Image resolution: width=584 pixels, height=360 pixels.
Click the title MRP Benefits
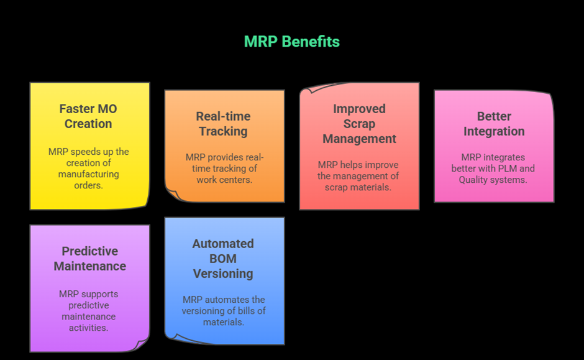[x=291, y=42]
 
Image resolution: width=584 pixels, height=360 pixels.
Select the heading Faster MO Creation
[x=88, y=116]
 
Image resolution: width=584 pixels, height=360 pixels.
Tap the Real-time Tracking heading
[x=223, y=124]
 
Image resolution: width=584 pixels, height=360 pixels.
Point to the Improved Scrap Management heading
[x=359, y=124]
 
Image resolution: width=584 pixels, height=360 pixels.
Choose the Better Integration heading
[x=493, y=124]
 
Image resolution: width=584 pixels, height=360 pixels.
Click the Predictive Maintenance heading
[x=89, y=259]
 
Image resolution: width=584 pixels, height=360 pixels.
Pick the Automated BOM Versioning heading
[x=223, y=259]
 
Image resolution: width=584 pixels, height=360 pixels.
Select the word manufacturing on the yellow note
[x=88, y=174]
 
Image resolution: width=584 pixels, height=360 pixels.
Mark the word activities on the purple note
[x=88, y=328]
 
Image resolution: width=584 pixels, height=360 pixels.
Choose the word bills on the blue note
[x=252, y=311]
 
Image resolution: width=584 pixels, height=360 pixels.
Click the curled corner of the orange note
[x=171, y=193]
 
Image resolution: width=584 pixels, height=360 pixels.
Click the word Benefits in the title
[x=311, y=42]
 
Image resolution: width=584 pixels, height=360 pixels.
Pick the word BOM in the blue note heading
[x=223, y=259]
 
